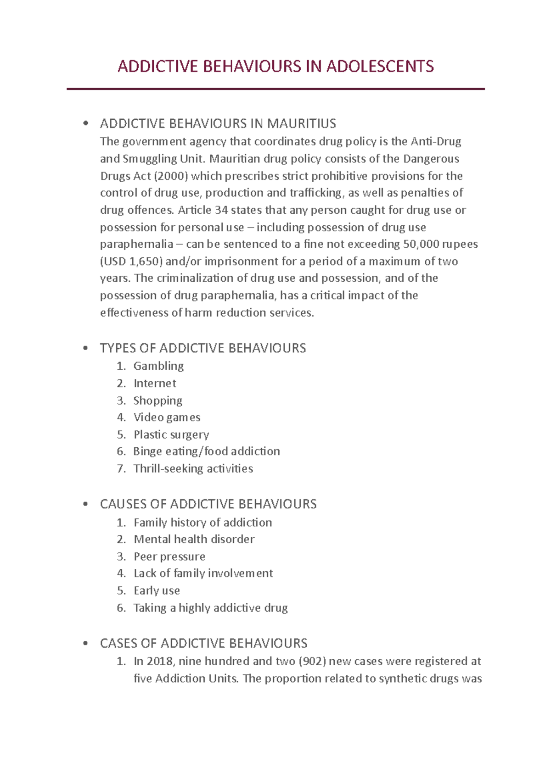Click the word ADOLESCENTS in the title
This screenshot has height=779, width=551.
380,67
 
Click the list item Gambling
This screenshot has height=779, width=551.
158,366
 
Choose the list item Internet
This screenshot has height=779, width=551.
155,384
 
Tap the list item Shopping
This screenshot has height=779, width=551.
157,401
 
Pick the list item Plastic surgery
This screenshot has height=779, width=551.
171,434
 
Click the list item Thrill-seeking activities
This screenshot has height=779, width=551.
193,469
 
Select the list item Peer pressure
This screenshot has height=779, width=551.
169,556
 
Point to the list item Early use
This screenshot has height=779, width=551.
157,591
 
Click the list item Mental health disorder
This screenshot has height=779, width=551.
194,540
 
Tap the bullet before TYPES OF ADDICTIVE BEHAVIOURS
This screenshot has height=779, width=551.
85,349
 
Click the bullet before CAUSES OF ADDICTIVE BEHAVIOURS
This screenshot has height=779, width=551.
85,505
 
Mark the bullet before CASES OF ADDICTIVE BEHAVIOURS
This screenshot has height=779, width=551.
85,644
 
